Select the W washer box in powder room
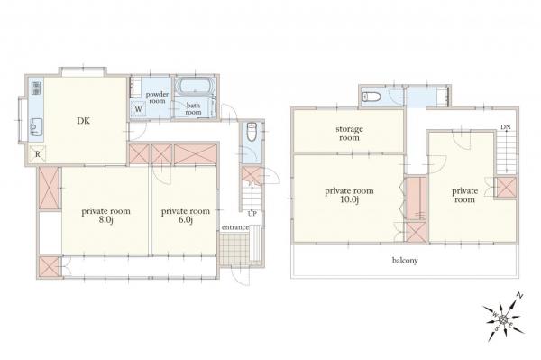138,111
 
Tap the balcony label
402,261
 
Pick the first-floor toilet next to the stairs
252,130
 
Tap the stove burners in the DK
37,89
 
